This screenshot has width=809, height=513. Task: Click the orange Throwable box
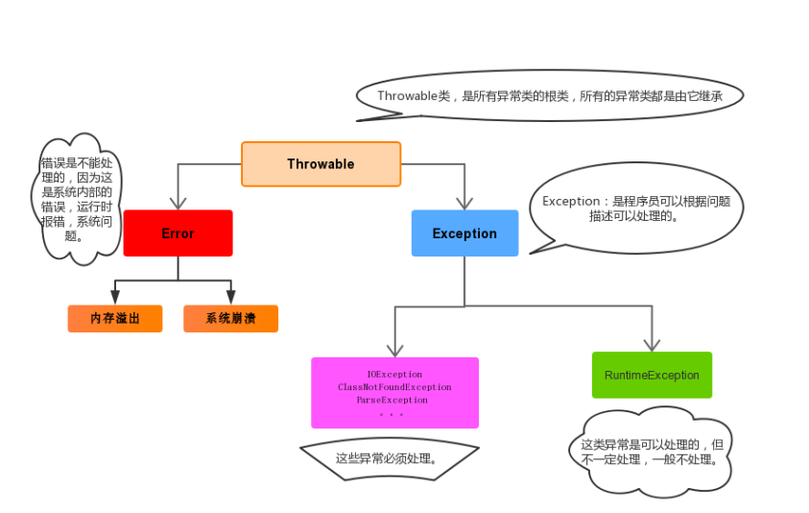[x=321, y=164]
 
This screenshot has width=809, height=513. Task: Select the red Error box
[x=178, y=233]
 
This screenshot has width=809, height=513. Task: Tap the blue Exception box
[x=464, y=233]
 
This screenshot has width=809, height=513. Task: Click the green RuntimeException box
[x=652, y=375]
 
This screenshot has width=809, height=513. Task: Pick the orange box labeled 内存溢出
[x=115, y=319]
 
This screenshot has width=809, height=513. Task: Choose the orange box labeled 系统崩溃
[x=230, y=319]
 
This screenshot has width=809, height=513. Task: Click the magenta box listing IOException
[x=394, y=393]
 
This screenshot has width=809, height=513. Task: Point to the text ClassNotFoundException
[x=394, y=387]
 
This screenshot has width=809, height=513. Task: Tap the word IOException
[x=394, y=374]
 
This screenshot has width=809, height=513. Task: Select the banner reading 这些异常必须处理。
[x=389, y=458]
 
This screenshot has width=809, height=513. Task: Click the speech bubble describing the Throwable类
[x=550, y=96]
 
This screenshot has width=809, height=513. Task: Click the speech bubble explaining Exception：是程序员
[x=636, y=208]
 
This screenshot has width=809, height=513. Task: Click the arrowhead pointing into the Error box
[x=178, y=203]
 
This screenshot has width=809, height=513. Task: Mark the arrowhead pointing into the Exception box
[x=464, y=203]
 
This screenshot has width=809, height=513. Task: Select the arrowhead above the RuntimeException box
[x=652, y=344]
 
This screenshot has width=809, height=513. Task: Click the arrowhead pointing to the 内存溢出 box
[x=115, y=298]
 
